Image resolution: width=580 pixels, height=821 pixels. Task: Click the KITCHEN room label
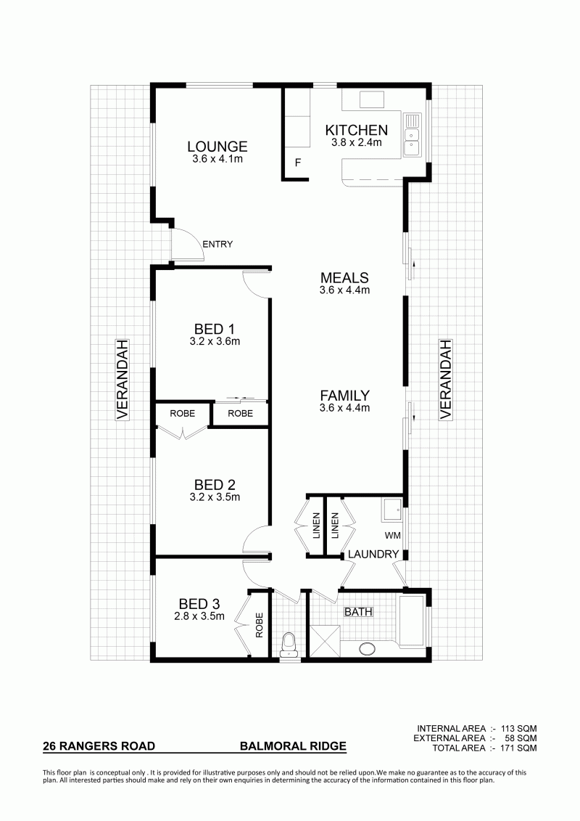(x=356, y=130)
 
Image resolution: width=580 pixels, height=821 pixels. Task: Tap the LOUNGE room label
(x=217, y=147)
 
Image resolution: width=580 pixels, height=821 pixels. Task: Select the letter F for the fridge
(x=297, y=163)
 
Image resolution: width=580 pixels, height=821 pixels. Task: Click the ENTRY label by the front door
(x=217, y=244)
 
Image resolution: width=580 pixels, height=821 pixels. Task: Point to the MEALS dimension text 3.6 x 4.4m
(x=344, y=290)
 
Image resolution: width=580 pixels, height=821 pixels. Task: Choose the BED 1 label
(x=215, y=329)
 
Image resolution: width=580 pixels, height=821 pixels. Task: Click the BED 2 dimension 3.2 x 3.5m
(x=215, y=497)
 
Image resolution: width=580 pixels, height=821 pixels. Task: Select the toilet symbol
(x=288, y=645)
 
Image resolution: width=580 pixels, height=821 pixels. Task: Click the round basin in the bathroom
(x=367, y=649)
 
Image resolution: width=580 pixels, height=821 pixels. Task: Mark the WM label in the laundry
(x=392, y=536)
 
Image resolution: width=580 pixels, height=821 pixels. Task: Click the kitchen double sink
(x=412, y=135)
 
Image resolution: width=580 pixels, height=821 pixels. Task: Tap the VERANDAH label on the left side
(x=122, y=380)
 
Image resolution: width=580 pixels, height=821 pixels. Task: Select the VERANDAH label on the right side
(x=445, y=380)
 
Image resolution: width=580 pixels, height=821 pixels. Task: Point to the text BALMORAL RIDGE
(x=293, y=746)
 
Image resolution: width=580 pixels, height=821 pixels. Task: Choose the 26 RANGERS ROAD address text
(x=99, y=746)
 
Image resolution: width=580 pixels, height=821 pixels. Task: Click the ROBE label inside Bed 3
(x=259, y=625)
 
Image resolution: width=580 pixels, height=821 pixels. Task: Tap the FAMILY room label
(x=344, y=396)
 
